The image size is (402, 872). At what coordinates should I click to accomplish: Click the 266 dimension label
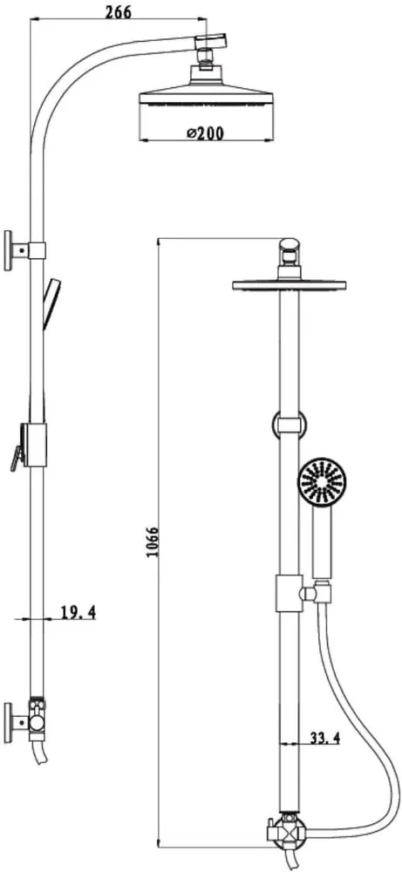(119, 11)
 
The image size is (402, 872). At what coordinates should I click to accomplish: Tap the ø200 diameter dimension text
(205, 133)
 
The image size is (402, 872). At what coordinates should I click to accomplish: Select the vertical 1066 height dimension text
(153, 542)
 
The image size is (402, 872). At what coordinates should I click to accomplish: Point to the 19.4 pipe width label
(78, 613)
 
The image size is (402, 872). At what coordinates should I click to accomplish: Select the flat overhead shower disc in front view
(290, 285)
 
